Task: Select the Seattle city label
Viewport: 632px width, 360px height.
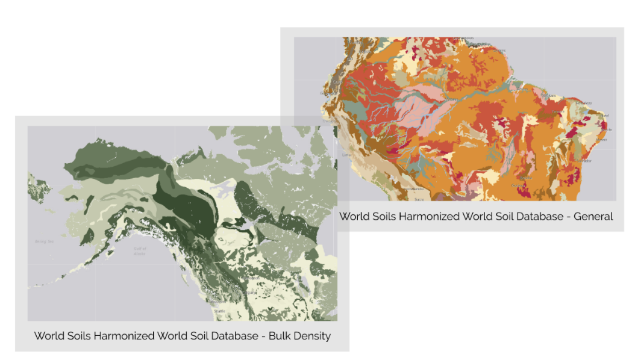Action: (x=219, y=311)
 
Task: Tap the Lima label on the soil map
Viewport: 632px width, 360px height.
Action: (x=346, y=155)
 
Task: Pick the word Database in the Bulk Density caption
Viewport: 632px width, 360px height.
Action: (x=233, y=336)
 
